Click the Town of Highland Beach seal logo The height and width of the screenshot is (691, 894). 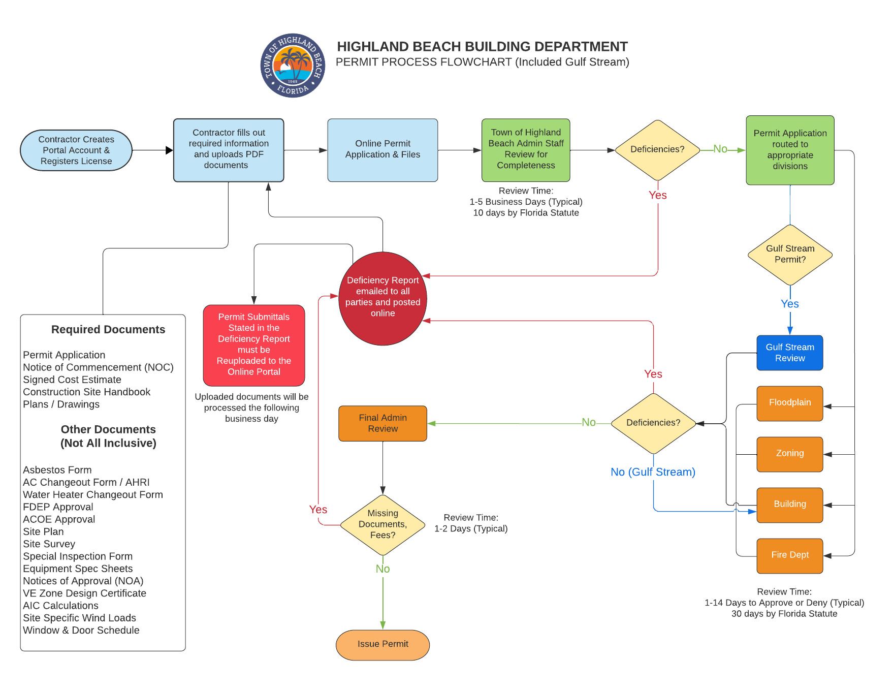pyautogui.click(x=293, y=66)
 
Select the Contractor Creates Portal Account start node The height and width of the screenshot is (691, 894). pyautogui.click(x=76, y=150)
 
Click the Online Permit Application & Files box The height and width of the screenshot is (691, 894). pyautogui.click(x=382, y=150)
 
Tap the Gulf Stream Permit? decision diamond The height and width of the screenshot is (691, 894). pyautogui.click(x=790, y=255)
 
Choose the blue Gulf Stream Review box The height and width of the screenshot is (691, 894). pyautogui.click(x=789, y=353)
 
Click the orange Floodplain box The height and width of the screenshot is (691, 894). pyautogui.click(x=789, y=403)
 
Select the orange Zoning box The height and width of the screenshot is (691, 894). pyautogui.click(x=789, y=454)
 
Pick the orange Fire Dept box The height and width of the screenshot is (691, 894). pyautogui.click(x=789, y=555)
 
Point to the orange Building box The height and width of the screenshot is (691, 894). pyautogui.click(x=789, y=505)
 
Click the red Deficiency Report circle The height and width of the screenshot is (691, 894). pyautogui.click(x=382, y=298)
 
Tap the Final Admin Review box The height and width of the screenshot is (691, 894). pyautogui.click(x=382, y=423)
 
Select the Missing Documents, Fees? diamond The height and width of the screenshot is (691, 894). pyautogui.click(x=382, y=524)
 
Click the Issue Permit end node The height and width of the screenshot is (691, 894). pyautogui.click(x=382, y=644)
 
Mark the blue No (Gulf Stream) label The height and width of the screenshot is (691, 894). pyautogui.click(x=653, y=472)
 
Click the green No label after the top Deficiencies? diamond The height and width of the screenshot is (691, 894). pyautogui.click(x=720, y=149)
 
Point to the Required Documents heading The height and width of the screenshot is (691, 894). pyautogui.click(x=108, y=330)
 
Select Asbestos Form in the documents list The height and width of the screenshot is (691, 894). pyautogui.click(x=57, y=470)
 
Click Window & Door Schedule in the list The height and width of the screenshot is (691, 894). pyautogui.click(x=81, y=631)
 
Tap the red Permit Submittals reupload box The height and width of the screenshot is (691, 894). pyautogui.click(x=254, y=344)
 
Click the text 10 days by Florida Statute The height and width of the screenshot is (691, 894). pyautogui.click(x=526, y=213)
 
